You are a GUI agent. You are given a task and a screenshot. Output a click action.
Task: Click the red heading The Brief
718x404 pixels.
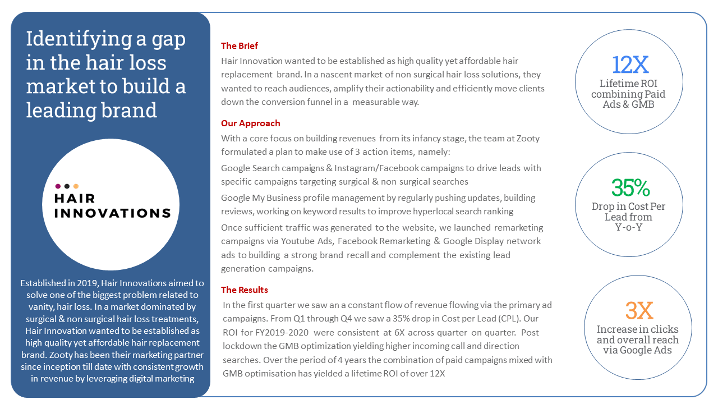240,46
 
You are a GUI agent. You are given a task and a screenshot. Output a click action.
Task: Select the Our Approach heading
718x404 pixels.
250,123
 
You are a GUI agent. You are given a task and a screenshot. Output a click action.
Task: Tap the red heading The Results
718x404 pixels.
245,290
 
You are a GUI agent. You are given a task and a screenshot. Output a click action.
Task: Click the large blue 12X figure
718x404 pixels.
630,65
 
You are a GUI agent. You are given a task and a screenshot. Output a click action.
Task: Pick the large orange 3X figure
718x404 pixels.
639,310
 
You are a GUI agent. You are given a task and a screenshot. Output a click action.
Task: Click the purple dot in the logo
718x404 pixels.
58,186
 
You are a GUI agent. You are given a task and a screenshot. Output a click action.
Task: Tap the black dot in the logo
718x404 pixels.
67,186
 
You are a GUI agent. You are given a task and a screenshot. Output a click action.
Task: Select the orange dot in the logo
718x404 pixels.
76,186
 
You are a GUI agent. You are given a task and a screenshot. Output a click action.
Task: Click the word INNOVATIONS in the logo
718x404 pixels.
112,213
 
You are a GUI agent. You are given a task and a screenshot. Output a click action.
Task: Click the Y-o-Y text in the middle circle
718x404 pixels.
628,227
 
